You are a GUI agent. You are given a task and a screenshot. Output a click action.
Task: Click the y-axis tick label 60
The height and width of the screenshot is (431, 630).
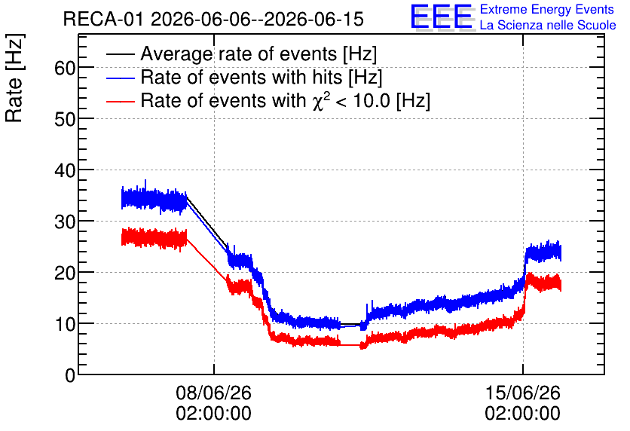click(x=65, y=68)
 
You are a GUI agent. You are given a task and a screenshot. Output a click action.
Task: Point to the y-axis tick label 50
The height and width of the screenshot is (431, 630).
click(x=65, y=119)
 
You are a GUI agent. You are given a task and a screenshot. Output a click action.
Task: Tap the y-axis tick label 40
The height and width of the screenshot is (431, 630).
click(x=65, y=170)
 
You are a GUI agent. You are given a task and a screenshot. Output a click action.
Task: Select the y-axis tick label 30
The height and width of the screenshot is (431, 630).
click(x=65, y=222)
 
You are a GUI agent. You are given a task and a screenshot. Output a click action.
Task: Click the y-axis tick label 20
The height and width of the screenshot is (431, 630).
click(x=65, y=273)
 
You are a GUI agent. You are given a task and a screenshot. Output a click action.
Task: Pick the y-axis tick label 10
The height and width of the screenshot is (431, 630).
click(x=65, y=324)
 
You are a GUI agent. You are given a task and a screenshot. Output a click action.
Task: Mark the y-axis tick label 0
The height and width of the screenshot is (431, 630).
click(x=70, y=375)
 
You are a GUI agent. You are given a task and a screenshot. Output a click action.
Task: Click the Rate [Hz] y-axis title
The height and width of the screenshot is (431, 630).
click(x=14, y=78)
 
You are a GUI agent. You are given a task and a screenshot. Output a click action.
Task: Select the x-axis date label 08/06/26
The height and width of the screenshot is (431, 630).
click(x=213, y=393)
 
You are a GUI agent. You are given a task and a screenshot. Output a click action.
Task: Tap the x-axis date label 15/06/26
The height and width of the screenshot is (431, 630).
click(x=522, y=393)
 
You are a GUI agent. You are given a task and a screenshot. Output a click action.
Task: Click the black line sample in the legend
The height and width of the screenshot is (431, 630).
click(x=120, y=54)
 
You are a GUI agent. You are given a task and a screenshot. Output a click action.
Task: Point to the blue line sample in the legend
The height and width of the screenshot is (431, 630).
click(x=120, y=78)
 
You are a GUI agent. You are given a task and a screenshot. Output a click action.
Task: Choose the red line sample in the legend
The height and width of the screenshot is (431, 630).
click(x=120, y=101)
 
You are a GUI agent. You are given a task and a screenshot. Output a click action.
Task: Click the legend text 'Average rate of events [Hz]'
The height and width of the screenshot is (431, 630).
click(x=258, y=54)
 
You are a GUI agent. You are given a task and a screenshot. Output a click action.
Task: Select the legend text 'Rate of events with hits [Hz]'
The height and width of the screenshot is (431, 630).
click(x=261, y=77)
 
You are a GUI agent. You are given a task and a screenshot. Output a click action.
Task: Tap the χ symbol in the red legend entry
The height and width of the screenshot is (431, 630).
click(x=318, y=102)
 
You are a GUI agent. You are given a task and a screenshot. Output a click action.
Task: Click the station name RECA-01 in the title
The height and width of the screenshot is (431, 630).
click(x=103, y=20)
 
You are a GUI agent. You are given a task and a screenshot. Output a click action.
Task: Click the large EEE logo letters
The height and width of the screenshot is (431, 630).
click(x=442, y=17)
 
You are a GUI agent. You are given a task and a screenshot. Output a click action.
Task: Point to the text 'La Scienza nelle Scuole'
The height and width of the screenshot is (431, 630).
click(x=548, y=26)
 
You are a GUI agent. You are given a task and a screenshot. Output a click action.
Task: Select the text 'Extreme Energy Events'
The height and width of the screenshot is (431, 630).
click(x=547, y=10)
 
